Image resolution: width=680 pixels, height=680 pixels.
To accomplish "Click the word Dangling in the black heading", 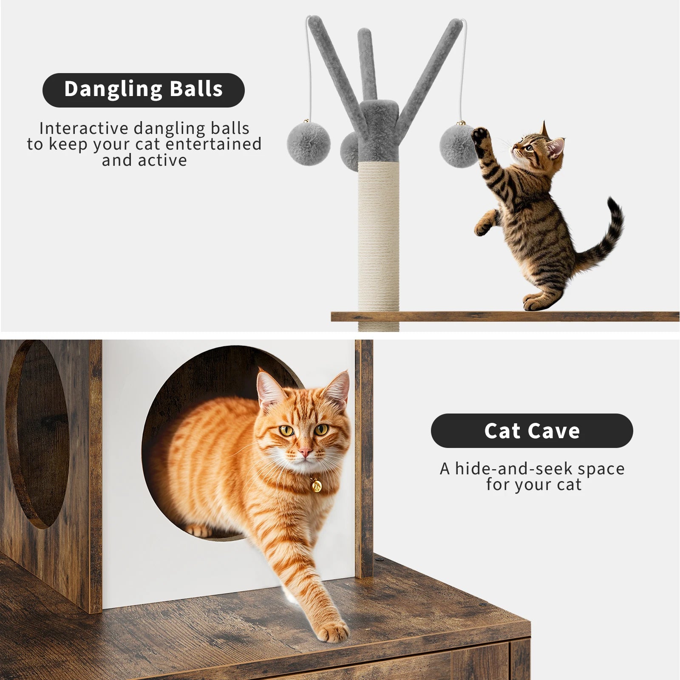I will pyautogui.click(x=113, y=89).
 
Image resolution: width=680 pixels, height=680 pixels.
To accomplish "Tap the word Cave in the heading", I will pyautogui.click(x=554, y=431).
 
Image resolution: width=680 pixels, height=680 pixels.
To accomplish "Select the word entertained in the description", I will pyautogui.click(x=213, y=144).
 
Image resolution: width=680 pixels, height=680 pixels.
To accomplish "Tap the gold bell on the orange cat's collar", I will pyautogui.click(x=316, y=485).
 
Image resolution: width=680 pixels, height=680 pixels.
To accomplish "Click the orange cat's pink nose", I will pyautogui.click(x=305, y=451).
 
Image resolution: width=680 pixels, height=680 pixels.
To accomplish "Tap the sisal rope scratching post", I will pyautogui.click(x=378, y=238).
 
